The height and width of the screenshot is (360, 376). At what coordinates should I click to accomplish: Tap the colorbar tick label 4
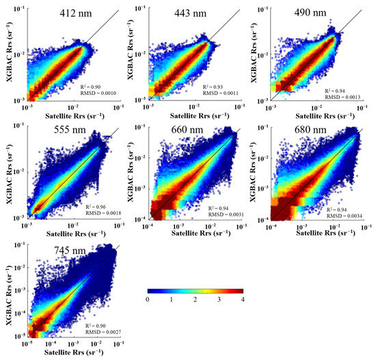(x=243, y=299)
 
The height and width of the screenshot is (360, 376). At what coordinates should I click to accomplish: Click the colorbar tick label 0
(x=148, y=299)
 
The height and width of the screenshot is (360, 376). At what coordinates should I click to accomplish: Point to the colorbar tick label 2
(x=196, y=299)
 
